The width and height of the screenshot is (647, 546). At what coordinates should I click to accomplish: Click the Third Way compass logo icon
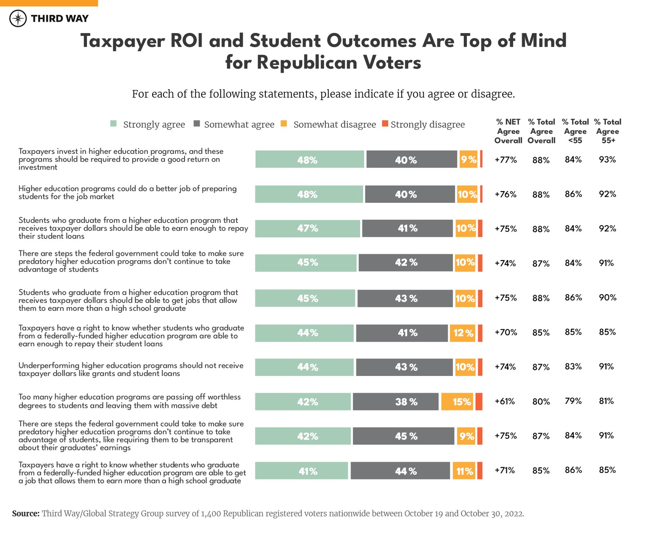(x=18, y=18)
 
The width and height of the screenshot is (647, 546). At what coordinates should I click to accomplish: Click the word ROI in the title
(x=186, y=41)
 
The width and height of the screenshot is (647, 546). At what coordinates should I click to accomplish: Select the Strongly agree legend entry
(x=148, y=125)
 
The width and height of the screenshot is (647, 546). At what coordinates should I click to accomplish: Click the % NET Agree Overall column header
(x=508, y=131)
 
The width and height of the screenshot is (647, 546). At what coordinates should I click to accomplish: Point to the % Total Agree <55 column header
(x=575, y=131)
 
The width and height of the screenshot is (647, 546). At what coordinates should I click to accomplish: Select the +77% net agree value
(x=506, y=160)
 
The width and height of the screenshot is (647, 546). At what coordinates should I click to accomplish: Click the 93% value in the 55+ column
(x=607, y=160)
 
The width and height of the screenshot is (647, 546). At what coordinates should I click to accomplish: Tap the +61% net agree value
(x=505, y=401)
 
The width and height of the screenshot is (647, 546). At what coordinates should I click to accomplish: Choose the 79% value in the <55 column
(x=573, y=401)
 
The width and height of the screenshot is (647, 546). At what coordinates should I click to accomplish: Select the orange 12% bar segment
(x=462, y=333)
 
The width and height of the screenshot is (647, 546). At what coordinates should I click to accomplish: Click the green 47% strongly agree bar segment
(x=308, y=229)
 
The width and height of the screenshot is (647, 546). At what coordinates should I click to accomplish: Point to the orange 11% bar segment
(x=464, y=471)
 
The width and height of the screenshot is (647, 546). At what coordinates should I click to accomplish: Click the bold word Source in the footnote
(x=26, y=514)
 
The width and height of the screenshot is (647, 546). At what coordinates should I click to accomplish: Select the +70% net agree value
(x=506, y=333)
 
